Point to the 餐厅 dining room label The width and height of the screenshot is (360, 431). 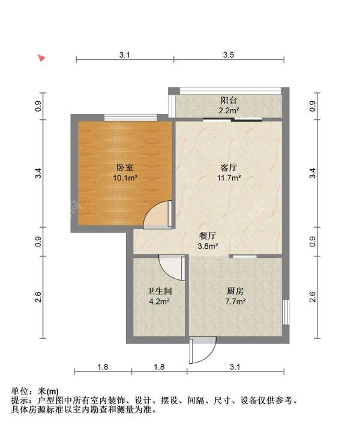(x=208, y=236)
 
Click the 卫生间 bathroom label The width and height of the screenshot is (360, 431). (x=160, y=291)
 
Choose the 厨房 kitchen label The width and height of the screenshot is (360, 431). (x=235, y=291)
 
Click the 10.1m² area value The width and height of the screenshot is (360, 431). (x=125, y=178)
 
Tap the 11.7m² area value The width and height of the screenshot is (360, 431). (x=229, y=178)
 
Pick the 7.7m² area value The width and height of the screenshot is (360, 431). (x=235, y=302)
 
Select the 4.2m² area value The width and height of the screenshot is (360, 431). (x=160, y=302)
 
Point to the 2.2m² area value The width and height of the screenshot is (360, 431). (x=229, y=111)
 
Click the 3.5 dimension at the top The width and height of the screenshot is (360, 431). (x=228, y=55)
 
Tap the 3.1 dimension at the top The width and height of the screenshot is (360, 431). (x=124, y=55)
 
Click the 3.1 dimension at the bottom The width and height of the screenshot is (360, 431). (x=235, y=367)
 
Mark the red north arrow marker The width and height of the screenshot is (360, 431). (x=41, y=58)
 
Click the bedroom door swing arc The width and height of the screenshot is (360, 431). (x=157, y=213)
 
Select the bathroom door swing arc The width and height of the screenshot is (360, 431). (x=170, y=267)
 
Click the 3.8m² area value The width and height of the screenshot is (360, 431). (x=208, y=246)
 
